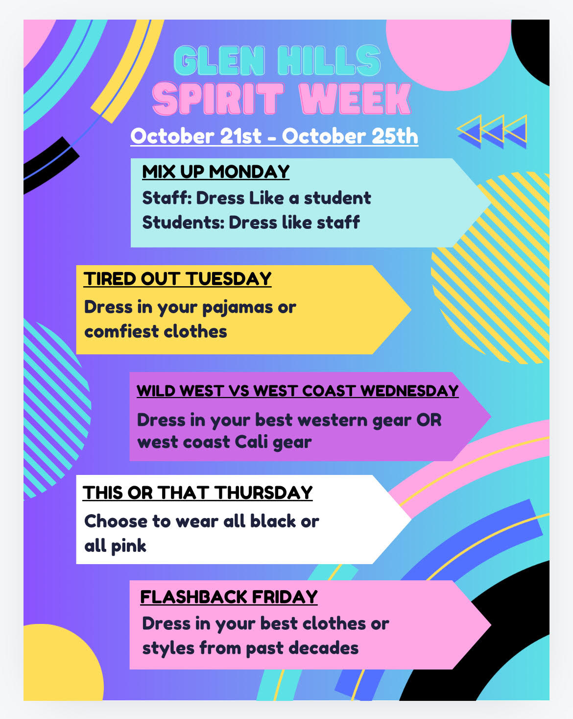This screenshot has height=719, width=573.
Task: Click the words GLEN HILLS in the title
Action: (277, 61)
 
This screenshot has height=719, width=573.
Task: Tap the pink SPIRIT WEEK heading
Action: (282, 99)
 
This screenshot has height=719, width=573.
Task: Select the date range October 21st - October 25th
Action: (274, 136)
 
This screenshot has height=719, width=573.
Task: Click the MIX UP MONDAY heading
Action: (215, 172)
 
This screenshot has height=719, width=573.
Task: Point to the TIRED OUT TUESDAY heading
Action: (177, 279)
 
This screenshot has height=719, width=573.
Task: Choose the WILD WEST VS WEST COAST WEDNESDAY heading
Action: (298, 391)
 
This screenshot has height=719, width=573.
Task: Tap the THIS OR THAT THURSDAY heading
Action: (198, 493)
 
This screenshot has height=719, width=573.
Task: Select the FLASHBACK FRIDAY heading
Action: (229, 597)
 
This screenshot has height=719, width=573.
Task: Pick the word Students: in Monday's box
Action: (183, 223)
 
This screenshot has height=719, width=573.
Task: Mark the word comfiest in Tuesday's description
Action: (121, 331)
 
